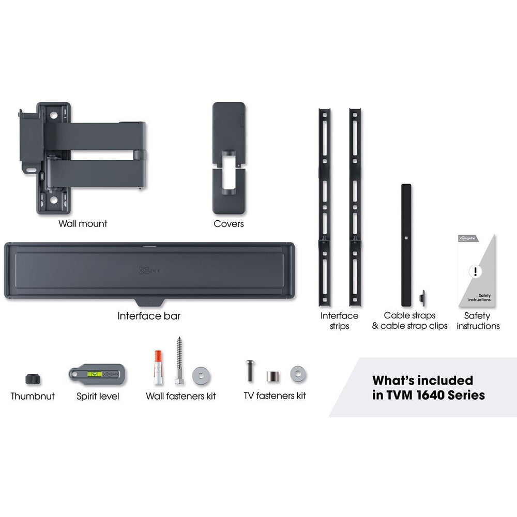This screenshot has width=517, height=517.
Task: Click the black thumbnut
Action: tap(33, 378)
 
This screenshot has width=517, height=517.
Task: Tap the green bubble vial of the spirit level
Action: tap(94, 374)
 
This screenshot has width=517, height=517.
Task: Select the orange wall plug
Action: tap(159, 367)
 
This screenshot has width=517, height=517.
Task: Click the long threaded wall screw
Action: tap(179, 361)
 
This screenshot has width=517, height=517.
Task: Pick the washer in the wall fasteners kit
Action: tap(201, 375)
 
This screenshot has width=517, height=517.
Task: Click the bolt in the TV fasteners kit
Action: tap(250, 371)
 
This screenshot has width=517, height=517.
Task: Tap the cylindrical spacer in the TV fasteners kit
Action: tap(272, 376)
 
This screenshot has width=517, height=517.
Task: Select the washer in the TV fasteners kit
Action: tap(298, 374)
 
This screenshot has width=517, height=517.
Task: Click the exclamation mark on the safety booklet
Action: tap(475, 271)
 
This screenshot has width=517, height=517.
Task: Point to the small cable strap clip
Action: tap(422, 298)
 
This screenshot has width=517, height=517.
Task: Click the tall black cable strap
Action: tap(406, 245)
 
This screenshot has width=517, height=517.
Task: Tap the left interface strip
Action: tap(325, 207)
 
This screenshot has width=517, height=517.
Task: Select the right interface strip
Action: tap(355, 207)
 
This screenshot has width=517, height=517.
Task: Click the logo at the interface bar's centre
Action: tap(149, 270)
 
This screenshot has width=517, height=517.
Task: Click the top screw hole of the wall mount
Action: tap(53, 115)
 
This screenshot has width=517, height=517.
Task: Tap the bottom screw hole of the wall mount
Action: tap(53, 200)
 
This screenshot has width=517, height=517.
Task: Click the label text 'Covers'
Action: tap(229, 223)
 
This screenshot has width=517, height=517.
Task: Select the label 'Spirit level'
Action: tap(98, 397)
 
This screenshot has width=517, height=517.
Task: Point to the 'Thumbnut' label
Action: tap(33, 396)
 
